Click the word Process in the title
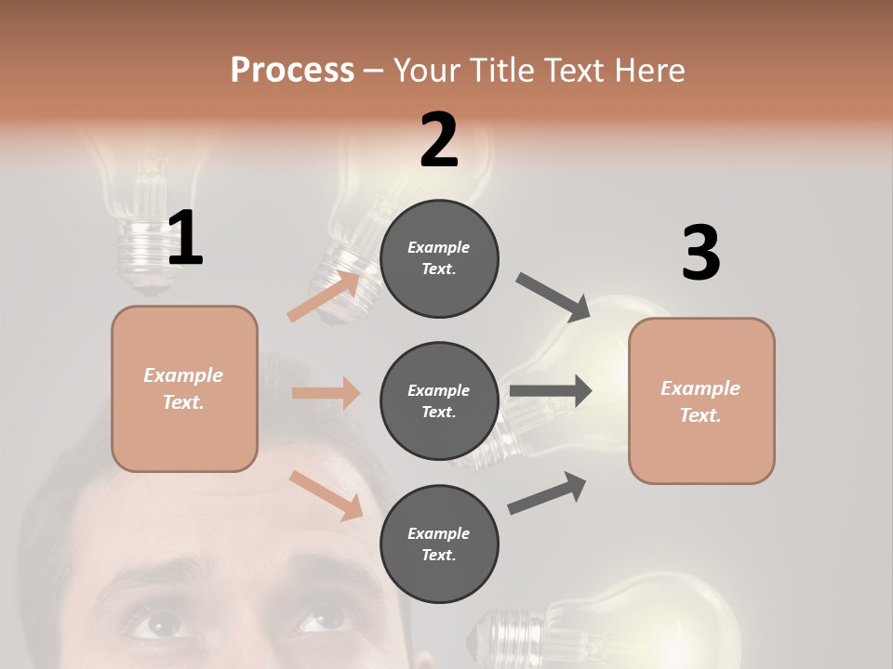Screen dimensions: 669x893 tap(292, 70)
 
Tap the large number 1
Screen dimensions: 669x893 tap(185, 239)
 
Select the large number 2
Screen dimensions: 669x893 tap(439, 140)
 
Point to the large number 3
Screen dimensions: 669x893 tap(700, 254)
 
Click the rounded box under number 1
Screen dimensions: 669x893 tap(184, 388)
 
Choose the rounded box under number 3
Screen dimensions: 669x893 tap(701, 400)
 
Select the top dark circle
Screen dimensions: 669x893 tap(439, 258)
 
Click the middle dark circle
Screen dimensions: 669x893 tap(439, 400)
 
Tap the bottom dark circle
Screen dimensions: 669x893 tap(439, 544)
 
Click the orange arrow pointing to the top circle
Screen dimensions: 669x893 tap(325, 296)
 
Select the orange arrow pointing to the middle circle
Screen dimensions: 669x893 tap(326, 393)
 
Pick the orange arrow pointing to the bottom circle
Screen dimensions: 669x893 tap(327, 495)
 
